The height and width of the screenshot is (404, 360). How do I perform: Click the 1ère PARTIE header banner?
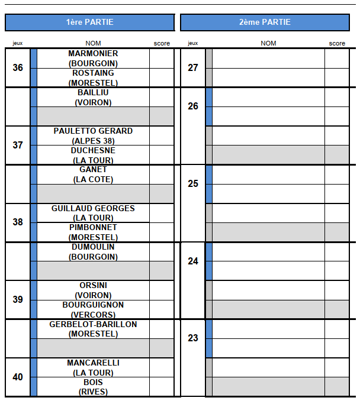pyautogui.click(x=89, y=22)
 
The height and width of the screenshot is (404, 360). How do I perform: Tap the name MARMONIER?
pyautogui.click(x=93, y=54)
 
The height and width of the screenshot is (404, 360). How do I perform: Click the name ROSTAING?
pyautogui.click(x=93, y=73)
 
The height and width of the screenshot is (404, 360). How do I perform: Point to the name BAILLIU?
pyautogui.click(x=93, y=93)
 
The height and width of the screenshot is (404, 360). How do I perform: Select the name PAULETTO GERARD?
pyautogui.click(x=93, y=131)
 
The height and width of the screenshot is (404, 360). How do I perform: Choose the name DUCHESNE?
pyautogui.click(x=93, y=151)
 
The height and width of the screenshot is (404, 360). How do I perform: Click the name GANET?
pyautogui.click(x=93, y=170)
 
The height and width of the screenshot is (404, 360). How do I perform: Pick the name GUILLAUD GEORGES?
pyautogui.click(x=93, y=208)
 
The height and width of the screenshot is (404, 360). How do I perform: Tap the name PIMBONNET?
pyautogui.click(x=93, y=228)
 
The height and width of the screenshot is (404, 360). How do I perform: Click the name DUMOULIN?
pyautogui.click(x=93, y=247)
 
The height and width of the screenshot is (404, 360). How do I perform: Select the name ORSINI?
pyautogui.click(x=93, y=286)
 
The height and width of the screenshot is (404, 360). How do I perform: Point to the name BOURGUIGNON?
pyautogui.click(x=93, y=305)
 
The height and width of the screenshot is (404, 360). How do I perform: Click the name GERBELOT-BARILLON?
pyautogui.click(x=93, y=325)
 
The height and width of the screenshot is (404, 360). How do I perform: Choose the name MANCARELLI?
pyautogui.click(x=93, y=363)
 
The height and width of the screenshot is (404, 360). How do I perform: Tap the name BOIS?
pyautogui.click(x=93, y=383)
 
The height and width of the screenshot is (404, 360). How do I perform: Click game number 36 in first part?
pyautogui.click(x=18, y=68)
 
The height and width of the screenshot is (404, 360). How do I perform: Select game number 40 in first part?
pyautogui.click(x=18, y=377)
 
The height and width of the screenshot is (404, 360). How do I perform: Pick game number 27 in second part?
pyautogui.click(x=193, y=68)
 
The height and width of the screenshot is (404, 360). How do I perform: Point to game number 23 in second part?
pyautogui.click(x=193, y=338)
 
